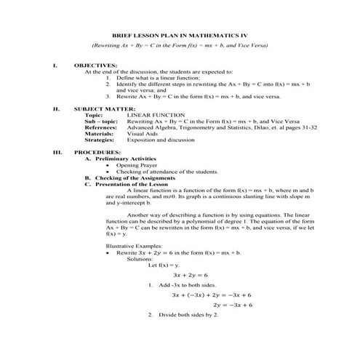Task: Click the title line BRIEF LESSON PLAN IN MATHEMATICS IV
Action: click(x=180, y=34)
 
